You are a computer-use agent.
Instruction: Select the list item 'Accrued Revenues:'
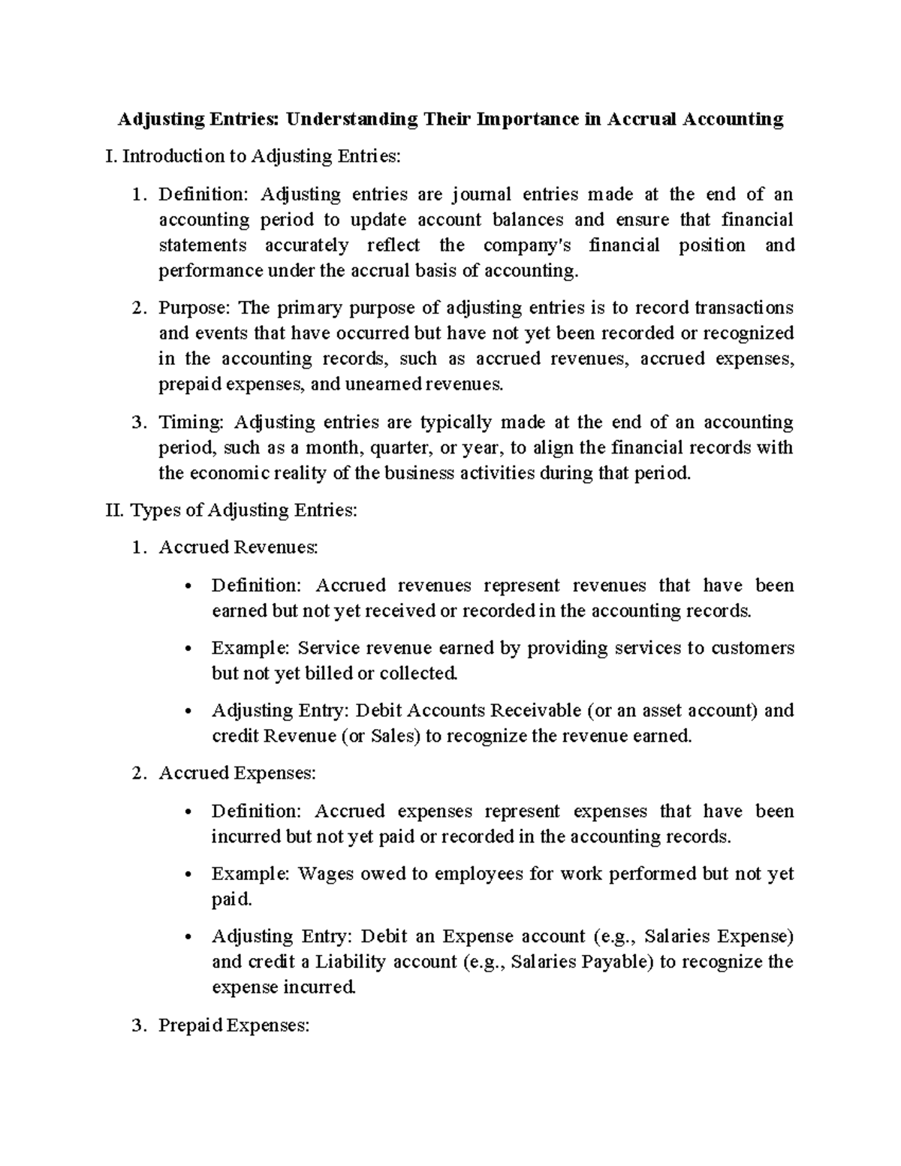click(238, 547)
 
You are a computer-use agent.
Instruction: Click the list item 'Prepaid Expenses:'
click(234, 1026)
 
